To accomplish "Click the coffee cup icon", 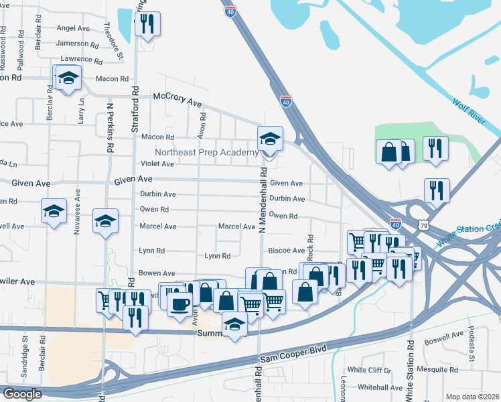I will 179,304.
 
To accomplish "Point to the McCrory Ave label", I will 177,99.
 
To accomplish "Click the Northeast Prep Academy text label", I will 207,153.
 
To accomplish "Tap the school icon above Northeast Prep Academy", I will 270,139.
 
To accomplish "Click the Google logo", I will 21,395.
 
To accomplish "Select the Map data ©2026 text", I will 472,397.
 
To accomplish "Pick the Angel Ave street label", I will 73,28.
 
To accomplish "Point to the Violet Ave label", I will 157,164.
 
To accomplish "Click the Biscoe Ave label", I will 287,251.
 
